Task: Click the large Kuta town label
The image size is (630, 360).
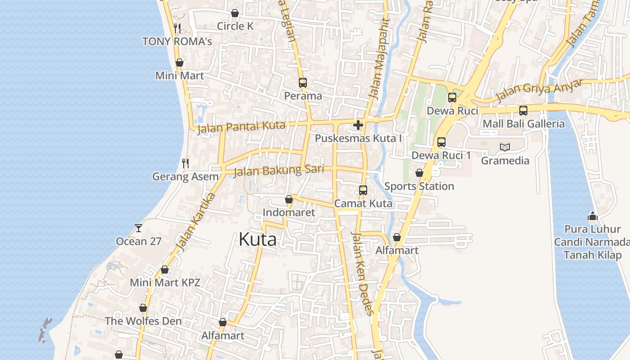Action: [257, 239]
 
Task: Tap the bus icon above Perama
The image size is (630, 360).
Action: [302, 83]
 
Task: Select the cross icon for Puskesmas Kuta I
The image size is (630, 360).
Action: [358, 125]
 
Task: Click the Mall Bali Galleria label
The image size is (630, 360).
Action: [523, 124]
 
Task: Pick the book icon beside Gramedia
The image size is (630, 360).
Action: [505, 147]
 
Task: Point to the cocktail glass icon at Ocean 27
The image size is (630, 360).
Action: [139, 228]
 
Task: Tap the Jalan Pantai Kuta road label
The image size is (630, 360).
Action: [241, 127]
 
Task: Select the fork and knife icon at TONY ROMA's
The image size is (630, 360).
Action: [177, 28]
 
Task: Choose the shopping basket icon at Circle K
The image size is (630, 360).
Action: [234, 13]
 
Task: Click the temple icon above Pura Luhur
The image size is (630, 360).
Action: [593, 216]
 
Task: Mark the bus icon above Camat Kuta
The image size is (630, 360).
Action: [363, 190]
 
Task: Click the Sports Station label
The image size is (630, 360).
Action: [419, 186]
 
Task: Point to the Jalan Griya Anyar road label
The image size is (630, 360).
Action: [539, 90]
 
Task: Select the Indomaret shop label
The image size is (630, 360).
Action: [288, 212]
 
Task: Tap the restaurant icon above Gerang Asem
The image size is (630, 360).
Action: [185, 163]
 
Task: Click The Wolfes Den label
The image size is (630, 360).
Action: [143, 321]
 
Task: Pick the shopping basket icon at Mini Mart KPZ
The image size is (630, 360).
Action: [165, 270]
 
